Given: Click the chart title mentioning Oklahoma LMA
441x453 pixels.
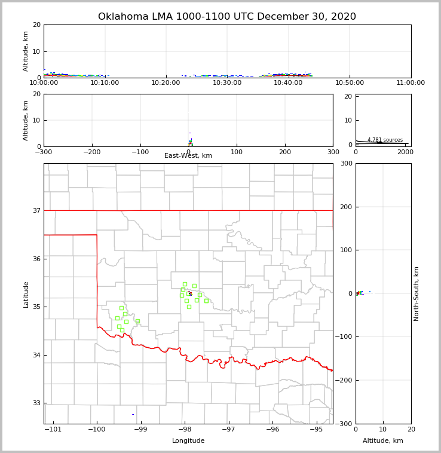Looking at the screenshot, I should coord(227,17).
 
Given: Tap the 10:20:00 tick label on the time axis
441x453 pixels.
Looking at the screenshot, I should coord(166,83).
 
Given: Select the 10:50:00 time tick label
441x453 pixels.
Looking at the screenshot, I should coord(350,83).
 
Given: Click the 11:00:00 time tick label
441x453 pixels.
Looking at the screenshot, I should coord(411,83).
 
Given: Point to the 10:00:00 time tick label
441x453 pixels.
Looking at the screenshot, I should coord(44,83).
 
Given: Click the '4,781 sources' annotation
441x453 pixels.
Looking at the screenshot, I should coord(385,140).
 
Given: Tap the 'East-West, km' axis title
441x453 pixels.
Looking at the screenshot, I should coord(188,156).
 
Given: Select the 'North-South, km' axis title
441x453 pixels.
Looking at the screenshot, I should coord(416,293).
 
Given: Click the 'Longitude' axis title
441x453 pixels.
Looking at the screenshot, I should coord(188,441).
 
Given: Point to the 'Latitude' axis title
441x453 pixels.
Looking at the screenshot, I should coord(26,294).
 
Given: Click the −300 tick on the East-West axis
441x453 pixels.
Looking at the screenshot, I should coord(44,152).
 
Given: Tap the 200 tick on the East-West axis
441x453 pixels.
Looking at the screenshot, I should coord(285,152).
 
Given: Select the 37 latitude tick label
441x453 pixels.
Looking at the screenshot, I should coord(36,210).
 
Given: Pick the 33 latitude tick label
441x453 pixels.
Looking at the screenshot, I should coord(36,403).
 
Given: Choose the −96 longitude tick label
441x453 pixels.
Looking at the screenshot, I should coord(272,430).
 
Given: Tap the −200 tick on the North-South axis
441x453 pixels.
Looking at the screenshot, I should coord(345,380).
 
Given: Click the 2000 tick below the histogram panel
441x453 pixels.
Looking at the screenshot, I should coord(405,152).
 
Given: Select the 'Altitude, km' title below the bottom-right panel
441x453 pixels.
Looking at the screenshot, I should coord(383,441).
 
